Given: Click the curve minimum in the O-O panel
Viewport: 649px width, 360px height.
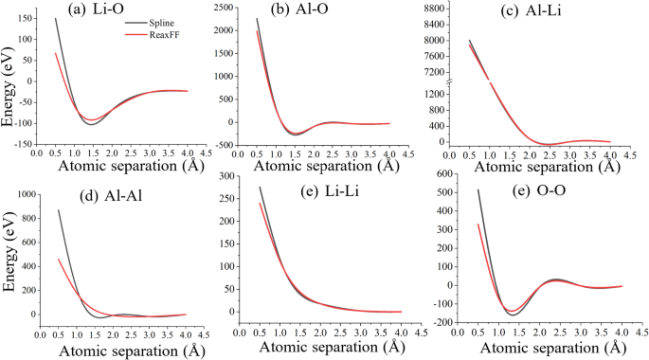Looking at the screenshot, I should pos(513,312).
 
